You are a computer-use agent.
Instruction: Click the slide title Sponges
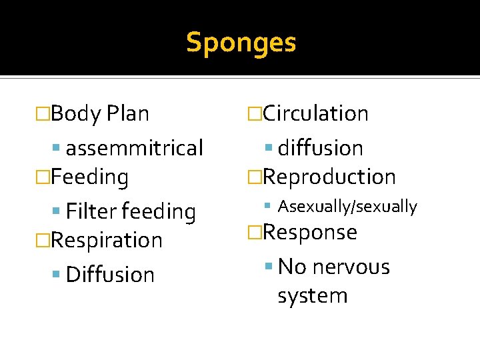(x=241, y=43)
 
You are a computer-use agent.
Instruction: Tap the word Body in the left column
(x=75, y=113)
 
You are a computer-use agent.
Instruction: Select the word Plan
(x=127, y=113)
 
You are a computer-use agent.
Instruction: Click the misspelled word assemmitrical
(x=134, y=147)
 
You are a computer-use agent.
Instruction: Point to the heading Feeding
(x=89, y=177)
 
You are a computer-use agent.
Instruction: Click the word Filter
(x=91, y=211)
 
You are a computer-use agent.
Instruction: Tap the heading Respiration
(x=106, y=240)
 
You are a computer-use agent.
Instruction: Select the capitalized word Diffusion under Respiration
(x=110, y=274)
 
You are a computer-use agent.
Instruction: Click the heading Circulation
(x=315, y=113)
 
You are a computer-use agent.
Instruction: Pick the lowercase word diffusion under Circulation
(x=320, y=147)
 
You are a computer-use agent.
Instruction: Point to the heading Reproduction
(x=329, y=177)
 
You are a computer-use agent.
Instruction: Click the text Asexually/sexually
(x=347, y=207)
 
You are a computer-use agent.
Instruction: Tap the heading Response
(x=310, y=232)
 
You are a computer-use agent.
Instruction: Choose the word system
(x=313, y=295)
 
